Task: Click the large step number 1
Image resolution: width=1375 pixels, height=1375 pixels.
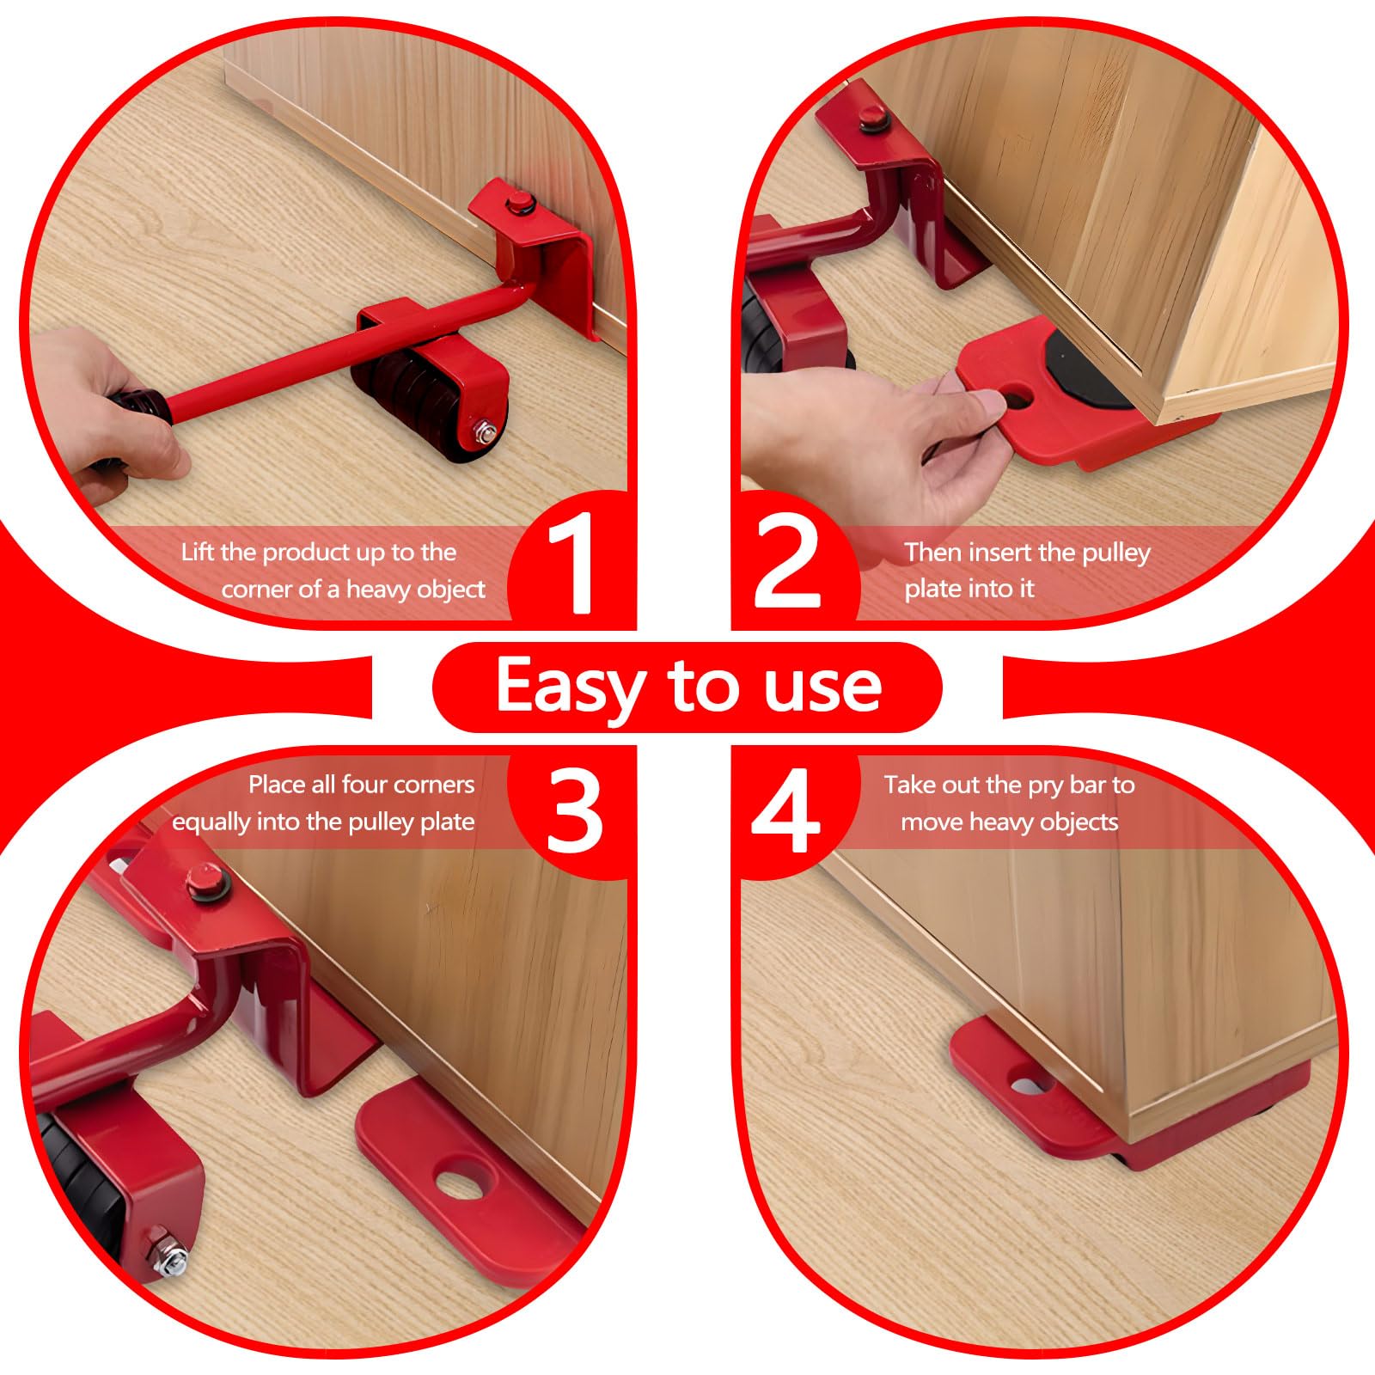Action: coord(571,563)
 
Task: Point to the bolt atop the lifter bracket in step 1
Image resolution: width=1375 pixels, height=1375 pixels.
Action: coord(518,205)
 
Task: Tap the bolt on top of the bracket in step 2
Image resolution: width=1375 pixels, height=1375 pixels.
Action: coord(870,114)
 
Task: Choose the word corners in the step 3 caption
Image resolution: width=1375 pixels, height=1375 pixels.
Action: coord(432,785)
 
